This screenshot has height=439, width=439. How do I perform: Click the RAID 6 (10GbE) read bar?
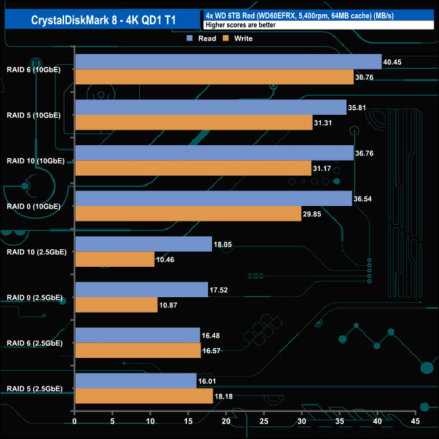[x=228, y=62]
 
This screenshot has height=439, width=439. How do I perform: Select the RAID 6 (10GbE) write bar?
[x=214, y=77]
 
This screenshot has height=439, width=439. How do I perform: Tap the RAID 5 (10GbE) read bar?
[x=211, y=107]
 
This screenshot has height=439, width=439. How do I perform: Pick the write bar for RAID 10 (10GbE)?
[x=193, y=168]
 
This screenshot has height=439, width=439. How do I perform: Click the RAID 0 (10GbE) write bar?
[x=188, y=213]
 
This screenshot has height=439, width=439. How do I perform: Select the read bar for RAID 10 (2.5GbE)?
[x=143, y=244]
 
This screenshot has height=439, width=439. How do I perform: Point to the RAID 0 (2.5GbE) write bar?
[x=116, y=305]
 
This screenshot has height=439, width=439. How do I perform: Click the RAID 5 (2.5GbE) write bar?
[x=144, y=396]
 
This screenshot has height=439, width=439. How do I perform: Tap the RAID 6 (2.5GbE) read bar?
[x=137, y=335]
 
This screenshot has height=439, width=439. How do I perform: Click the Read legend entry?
[x=203, y=38]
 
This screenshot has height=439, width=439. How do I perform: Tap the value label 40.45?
[x=392, y=62]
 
